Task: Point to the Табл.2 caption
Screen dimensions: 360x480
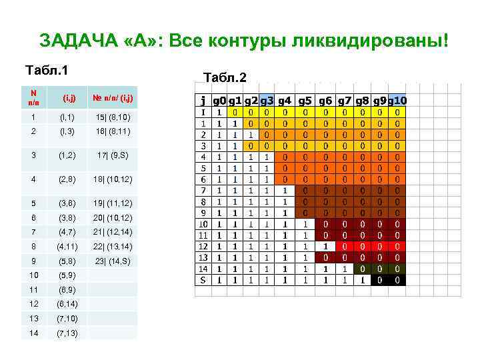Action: (x=225, y=78)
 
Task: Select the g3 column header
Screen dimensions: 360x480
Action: (x=266, y=101)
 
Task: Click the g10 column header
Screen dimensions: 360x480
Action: (x=398, y=101)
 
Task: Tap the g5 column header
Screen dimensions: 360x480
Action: (x=306, y=101)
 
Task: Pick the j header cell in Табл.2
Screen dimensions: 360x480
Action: (x=203, y=101)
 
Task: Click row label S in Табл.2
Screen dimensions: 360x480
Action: (x=203, y=281)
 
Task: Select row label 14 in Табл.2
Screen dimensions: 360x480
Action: (x=202, y=269)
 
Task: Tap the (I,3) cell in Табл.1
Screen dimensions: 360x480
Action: (x=69, y=132)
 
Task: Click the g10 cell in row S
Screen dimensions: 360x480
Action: (x=398, y=281)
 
